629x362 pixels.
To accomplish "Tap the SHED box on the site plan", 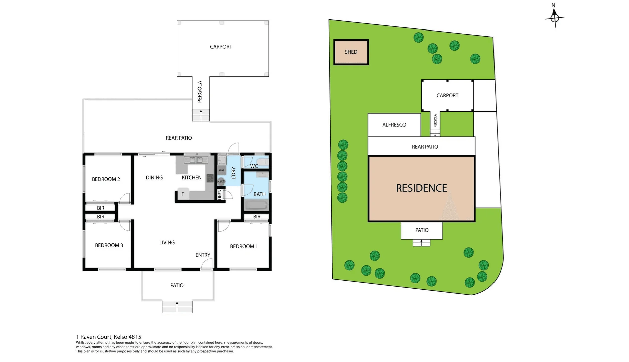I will tap(351, 52).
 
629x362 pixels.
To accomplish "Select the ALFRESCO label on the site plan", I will tap(394, 125).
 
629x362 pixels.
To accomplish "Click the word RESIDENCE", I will tap(422, 188).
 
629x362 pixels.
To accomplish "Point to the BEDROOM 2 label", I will tap(106, 179).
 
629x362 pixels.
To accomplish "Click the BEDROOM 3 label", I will tap(109, 245).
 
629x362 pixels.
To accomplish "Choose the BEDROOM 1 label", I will tap(244, 246).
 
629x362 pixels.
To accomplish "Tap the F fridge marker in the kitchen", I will tap(183, 194).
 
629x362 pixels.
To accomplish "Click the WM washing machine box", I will tap(221, 170).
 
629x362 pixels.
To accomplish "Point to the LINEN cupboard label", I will tap(220, 195).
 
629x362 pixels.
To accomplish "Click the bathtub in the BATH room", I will tap(256, 205).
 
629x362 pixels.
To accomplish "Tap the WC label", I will tap(254, 166).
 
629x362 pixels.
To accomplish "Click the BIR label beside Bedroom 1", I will tap(257, 217).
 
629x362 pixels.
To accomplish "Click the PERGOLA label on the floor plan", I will tap(200, 92).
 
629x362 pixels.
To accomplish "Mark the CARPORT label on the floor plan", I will tap(221, 47).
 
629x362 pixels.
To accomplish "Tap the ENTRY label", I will tap(203, 255).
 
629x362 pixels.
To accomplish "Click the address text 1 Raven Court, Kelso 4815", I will tap(108, 337).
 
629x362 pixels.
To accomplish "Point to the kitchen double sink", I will tap(195, 160).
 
